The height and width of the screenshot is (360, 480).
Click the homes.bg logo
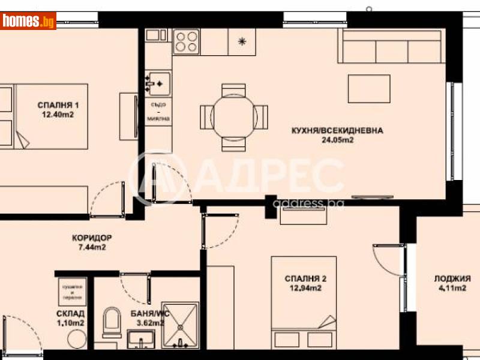(x=28, y=21)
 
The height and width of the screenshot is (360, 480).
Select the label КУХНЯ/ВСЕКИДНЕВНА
(x=337, y=130)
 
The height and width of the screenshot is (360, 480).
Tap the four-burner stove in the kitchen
(x=185, y=41)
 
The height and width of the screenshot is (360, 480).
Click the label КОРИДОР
(x=91, y=237)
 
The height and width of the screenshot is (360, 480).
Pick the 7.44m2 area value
(x=91, y=247)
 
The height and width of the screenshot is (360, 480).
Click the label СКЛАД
(x=71, y=313)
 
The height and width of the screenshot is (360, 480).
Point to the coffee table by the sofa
(x=370, y=89)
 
